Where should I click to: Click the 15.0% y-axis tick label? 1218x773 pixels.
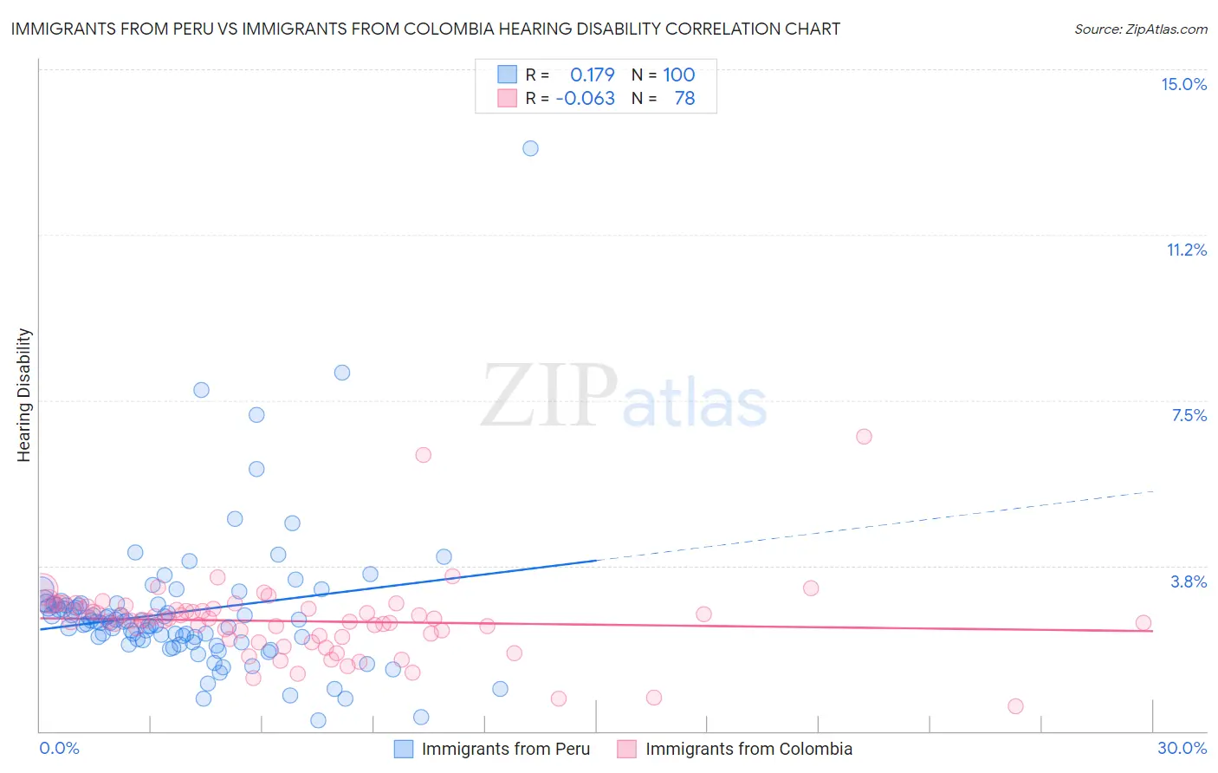coord(1183,84)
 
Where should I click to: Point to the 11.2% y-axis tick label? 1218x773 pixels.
coord(1186,250)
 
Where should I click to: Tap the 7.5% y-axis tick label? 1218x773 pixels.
coord(1189,415)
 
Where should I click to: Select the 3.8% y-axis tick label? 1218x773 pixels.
coord(1189,581)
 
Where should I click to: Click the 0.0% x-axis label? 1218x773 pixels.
coord(59,748)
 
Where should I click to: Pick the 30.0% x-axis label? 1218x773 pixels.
coord(1182,748)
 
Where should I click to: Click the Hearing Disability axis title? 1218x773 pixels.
coord(24,394)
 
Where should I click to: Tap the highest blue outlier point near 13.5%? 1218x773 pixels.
coord(530,148)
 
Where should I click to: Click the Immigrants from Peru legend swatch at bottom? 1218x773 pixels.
coord(404,749)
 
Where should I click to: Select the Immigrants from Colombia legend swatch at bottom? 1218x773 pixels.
coord(627,749)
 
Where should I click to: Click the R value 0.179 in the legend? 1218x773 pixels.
coord(592,75)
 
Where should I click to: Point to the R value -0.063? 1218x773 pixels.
coord(585,98)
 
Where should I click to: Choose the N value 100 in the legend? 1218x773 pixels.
coord(678,75)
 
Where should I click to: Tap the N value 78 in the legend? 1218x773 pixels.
coord(684,98)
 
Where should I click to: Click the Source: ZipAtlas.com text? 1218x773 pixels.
coord(1140,29)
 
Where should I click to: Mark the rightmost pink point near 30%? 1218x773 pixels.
coord(1143,622)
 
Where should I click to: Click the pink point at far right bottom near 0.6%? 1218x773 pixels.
coord(1015,706)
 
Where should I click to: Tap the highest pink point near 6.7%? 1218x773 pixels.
coord(864,436)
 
